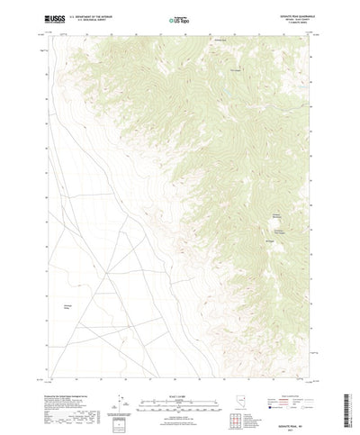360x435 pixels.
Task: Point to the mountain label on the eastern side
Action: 277,215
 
